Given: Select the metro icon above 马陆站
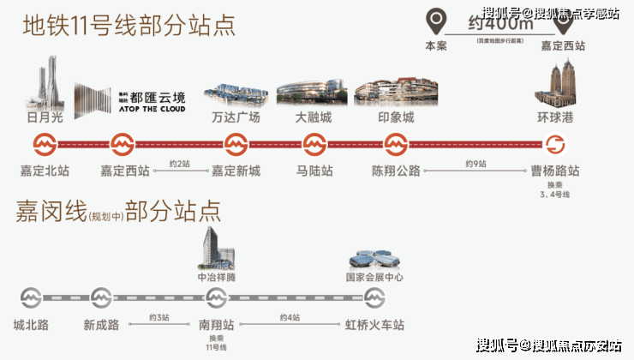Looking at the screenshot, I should tap(314, 143).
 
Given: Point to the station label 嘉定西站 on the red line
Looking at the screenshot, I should tap(125, 171).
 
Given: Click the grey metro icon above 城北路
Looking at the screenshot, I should tap(32, 298).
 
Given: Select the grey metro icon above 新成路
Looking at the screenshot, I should tap(101, 298).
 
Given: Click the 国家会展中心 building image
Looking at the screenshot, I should tap(374, 260).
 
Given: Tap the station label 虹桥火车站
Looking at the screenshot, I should tap(374, 325).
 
